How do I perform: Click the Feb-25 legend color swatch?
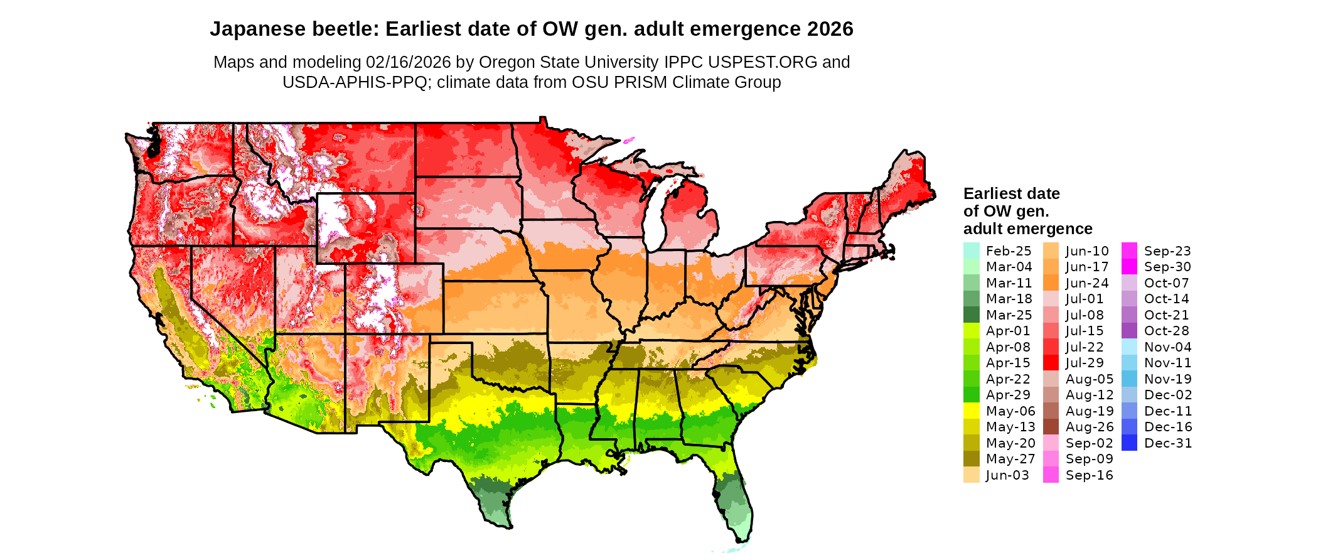pos(971,250)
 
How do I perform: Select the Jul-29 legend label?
pos(1085,363)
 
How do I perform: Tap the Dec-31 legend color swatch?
pos(1129,443)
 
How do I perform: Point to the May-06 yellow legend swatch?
pos(971,411)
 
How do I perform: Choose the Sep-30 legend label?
pos(1167,267)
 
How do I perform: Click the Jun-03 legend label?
pos(1007,475)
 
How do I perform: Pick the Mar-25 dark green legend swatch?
pos(971,315)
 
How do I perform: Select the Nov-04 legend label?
pos(1167,347)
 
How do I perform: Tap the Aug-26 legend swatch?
pos(1051,427)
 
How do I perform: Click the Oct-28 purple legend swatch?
pos(1129,331)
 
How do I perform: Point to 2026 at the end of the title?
pos(830,29)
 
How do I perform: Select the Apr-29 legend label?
pos(1008,395)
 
